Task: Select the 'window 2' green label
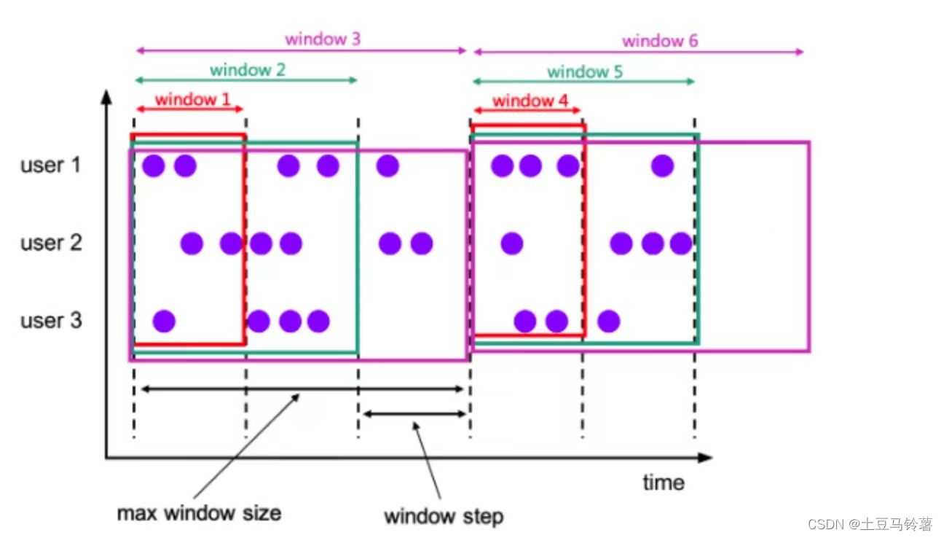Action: tap(248, 70)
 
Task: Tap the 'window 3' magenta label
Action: tap(323, 39)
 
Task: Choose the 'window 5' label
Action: tap(585, 71)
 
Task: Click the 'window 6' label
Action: tap(660, 41)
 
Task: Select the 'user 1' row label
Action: tap(52, 165)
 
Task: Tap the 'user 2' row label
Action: tap(52, 243)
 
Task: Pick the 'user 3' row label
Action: tap(52, 320)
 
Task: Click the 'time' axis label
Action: tap(663, 483)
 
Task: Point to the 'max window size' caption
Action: tap(199, 512)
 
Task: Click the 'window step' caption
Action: tap(444, 517)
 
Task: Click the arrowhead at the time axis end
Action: tap(704, 458)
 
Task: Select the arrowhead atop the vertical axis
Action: tap(107, 96)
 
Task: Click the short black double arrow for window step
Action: tap(414, 414)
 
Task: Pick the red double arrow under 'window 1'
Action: tap(189, 110)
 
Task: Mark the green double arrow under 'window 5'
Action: tap(583, 82)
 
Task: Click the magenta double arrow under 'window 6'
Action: tap(638, 52)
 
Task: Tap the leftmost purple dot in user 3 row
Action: tap(164, 321)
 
